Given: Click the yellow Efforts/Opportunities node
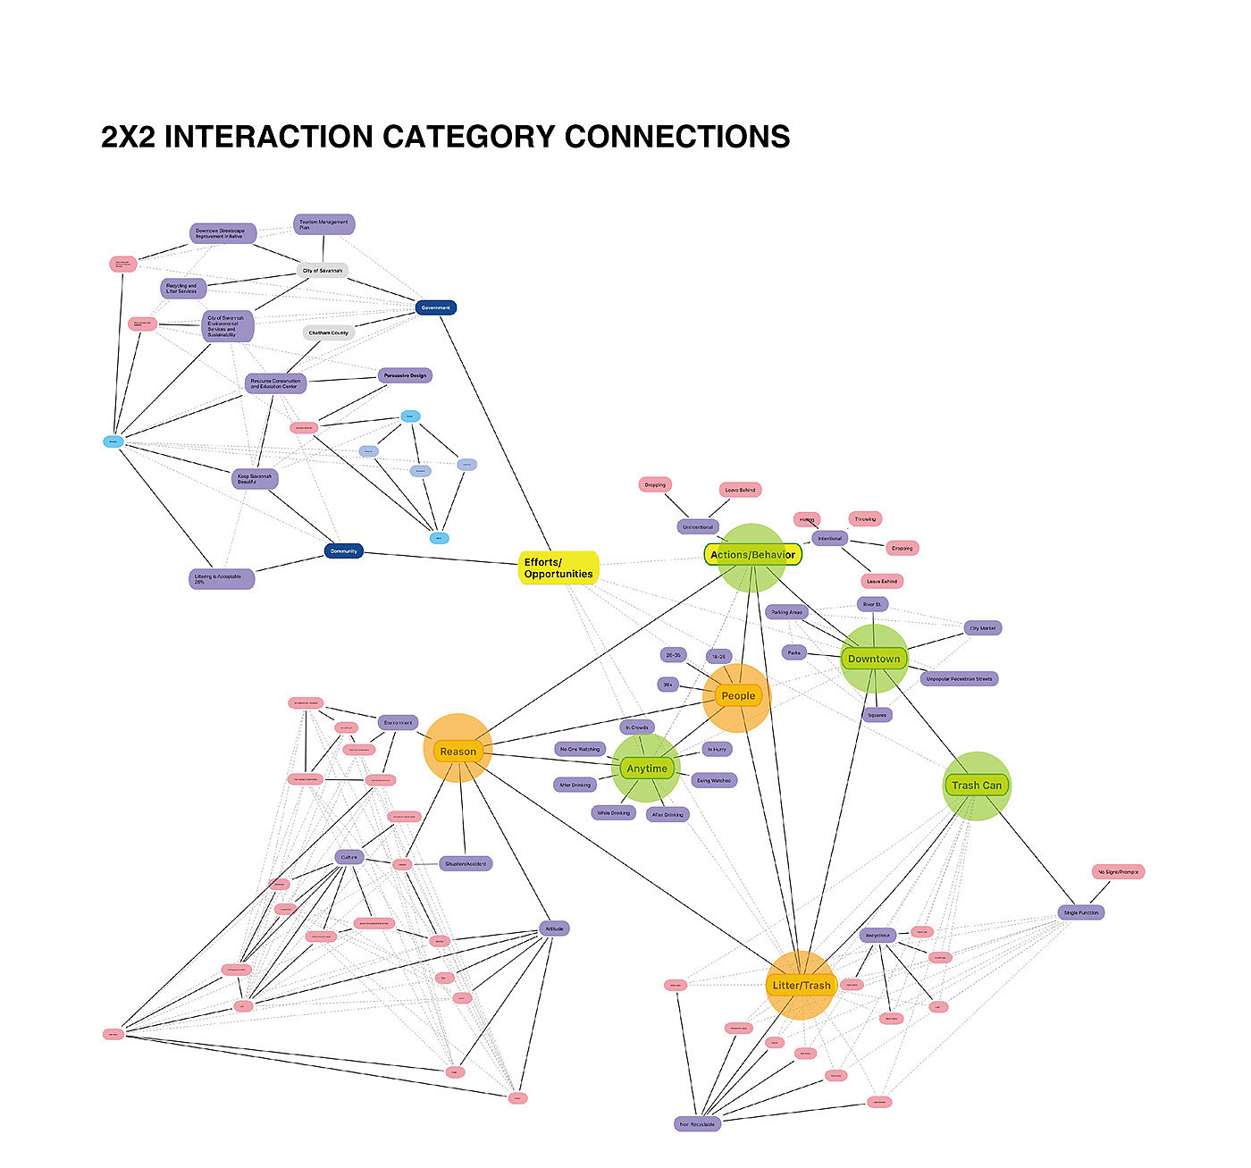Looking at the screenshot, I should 558,568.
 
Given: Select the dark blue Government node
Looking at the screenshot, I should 436,307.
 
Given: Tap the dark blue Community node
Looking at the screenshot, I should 343,551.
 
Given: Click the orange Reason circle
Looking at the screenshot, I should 458,751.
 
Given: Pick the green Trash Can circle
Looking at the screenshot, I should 977,786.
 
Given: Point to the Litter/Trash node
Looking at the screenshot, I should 801,985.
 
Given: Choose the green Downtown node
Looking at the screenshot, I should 874,659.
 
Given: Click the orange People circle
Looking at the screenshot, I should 737,695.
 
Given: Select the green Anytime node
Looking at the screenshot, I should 646,768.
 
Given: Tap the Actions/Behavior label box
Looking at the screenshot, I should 752,555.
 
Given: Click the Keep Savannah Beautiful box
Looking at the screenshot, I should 255,478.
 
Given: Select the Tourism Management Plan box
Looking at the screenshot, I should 323,224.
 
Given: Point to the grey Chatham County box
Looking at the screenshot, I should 329,332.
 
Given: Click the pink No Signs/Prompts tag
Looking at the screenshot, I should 1118,871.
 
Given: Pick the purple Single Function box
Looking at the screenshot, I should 1081,912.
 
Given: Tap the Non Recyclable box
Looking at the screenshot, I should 697,1124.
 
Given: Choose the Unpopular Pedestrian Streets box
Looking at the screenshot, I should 959,678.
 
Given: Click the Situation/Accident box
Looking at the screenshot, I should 466,863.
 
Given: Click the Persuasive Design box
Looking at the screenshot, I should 405,375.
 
